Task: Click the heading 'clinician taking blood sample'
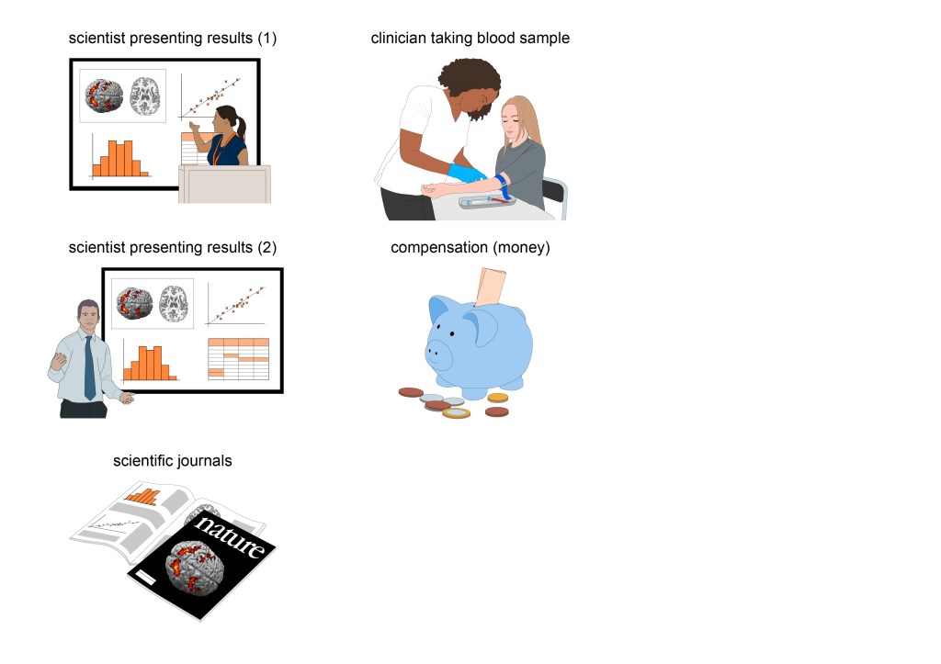pos(470,39)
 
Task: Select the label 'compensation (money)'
pos(470,248)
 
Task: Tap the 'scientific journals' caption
pos(172,460)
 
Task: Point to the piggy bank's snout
pos(437,351)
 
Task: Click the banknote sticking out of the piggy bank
pos(493,284)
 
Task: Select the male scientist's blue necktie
pos(89,366)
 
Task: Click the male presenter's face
pos(89,320)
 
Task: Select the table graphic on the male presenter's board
pos(238,358)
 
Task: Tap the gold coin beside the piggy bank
pos(497,398)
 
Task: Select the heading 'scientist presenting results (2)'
pos(172,248)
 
